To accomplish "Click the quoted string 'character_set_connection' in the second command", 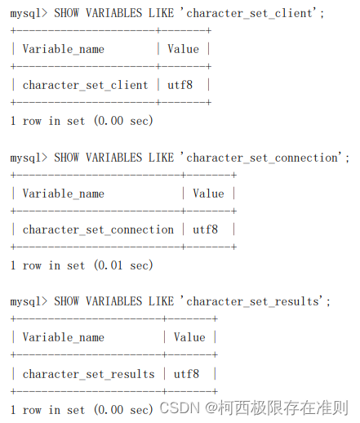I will click(x=264, y=158).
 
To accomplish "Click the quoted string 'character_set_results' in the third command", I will click(x=255, y=301).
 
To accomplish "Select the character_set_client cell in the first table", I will click(x=85, y=85).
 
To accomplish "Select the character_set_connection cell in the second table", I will click(x=98, y=229).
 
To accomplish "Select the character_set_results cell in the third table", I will click(x=88, y=374).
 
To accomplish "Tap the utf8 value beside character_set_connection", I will click(x=205, y=229).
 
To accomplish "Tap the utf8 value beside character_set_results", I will click(x=186, y=374).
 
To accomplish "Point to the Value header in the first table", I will click(x=183, y=49).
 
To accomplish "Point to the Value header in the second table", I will click(x=208, y=194).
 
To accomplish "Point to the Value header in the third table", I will click(x=189, y=337).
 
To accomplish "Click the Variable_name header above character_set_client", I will click(x=63, y=49).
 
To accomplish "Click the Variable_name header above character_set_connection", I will click(x=63, y=194).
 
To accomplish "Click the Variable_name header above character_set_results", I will click(x=63, y=337).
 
